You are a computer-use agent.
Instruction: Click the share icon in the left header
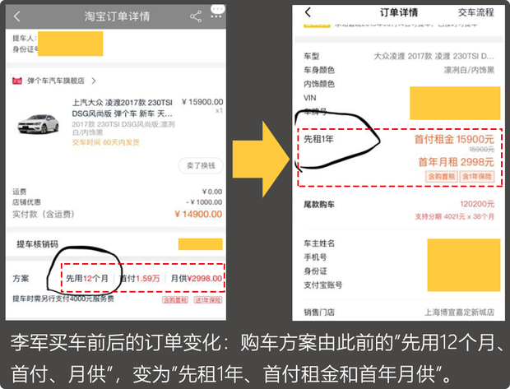[x=195, y=16]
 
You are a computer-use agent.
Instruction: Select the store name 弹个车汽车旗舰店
[x=57, y=81]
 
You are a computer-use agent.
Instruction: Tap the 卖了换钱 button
[x=201, y=165]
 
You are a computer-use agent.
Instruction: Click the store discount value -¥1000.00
[x=202, y=202]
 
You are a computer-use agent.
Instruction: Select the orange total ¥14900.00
[x=198, y=214]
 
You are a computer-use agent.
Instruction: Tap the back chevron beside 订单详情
[x=308, y=12]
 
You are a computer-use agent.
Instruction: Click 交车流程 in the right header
[x=481, y=12]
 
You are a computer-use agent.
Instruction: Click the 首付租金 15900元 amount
[x=454, y=140]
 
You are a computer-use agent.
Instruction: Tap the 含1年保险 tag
[x=477, y=176]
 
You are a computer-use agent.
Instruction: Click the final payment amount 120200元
[x=476, y=204]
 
